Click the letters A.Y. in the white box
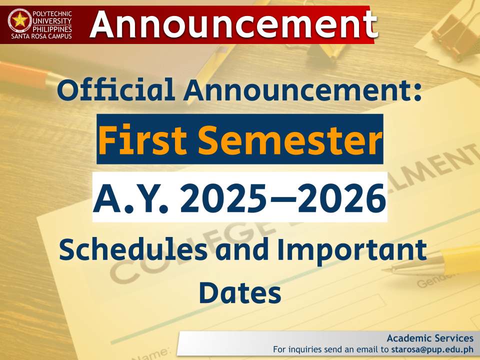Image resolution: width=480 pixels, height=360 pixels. click(x=131, y=197)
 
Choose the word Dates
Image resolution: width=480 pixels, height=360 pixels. click(x=240, y=293)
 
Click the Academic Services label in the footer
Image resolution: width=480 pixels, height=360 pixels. click(x=429, y=338)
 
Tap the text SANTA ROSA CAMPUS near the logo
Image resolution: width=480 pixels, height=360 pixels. click(x=40, y=36)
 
